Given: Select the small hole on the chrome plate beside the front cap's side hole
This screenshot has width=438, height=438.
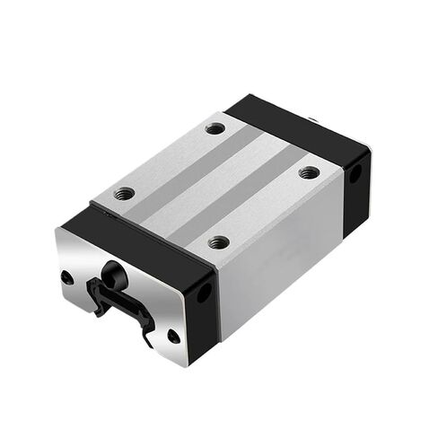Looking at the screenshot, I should click(x=173, y=336).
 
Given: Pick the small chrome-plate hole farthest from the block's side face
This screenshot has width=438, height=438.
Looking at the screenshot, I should click(x=67, y=277).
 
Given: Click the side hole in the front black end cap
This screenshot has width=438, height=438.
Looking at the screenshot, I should click(x=204, y=293).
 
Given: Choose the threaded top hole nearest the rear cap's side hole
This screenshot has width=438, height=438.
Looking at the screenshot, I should click(x=308, y=171).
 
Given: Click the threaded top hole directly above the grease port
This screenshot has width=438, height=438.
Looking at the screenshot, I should click(x=126, y=192).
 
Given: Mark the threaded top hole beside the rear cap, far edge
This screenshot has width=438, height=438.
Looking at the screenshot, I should click(x=215, y=128).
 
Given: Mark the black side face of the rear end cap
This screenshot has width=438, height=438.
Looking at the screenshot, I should click(x=357, y=184).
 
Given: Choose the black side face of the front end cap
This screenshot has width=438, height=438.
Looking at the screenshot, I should click(x=203, y=310).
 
